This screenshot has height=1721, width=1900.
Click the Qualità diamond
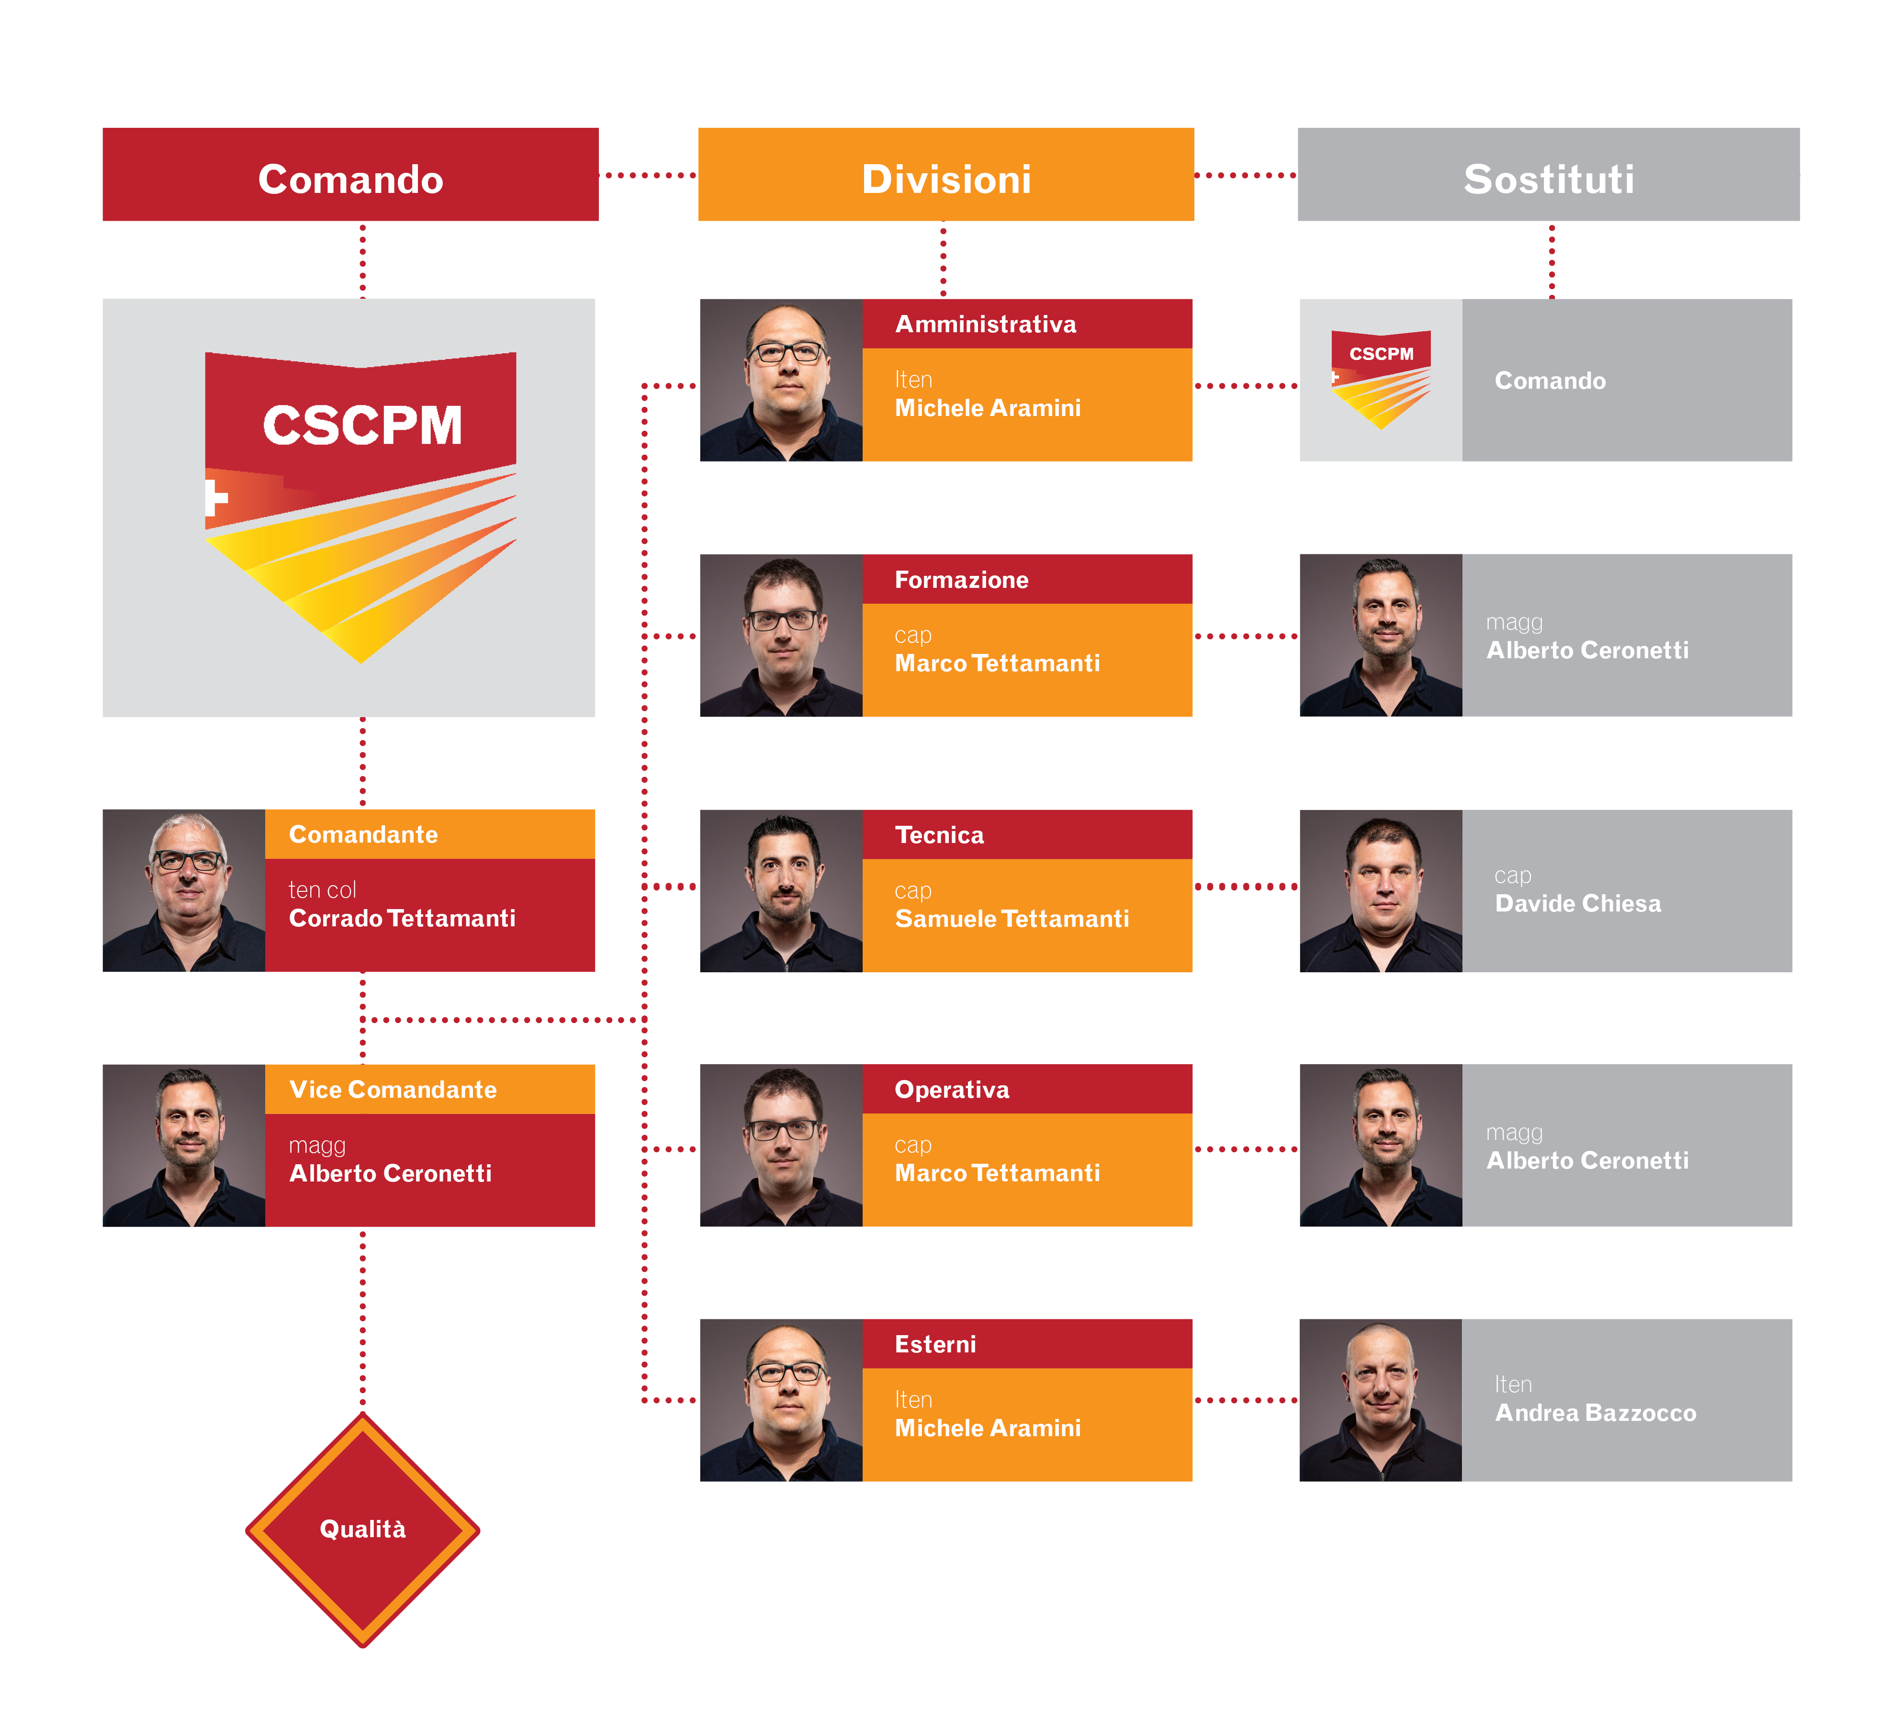point(363,1529)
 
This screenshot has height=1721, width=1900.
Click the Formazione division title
point(961,580)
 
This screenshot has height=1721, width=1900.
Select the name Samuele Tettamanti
point(1011,919)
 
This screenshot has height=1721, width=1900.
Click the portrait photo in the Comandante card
point(184,890)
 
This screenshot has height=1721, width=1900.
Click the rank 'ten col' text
point(322,890)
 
